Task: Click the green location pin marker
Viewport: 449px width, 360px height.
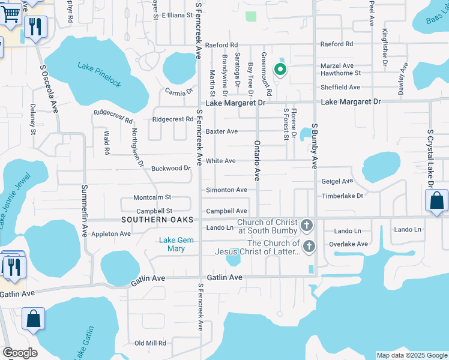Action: pyautogui.click(x=280, y=70)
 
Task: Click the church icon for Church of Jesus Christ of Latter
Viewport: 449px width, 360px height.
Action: pyautogui.click(x=309, y=246)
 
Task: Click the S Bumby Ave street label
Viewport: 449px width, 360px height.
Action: pyautogui.click(x=314, y=146)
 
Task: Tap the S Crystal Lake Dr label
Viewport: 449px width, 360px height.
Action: pyautogui.click(x=430, y=152)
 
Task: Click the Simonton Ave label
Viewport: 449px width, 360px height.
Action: pyautogui.click(x=226, y=190)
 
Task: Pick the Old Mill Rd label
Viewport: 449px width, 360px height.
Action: pyautogui.click(x=150, y=343)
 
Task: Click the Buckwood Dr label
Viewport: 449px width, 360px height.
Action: pyautogui.click(x=170, y=169)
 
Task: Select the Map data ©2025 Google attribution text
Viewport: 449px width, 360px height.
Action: pyautogui.click(x=411, y=355)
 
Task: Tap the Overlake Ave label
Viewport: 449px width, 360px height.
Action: pyautogui.click(x=348, y=244)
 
